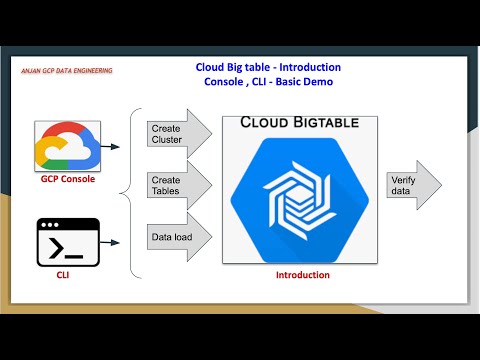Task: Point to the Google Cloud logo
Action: pyautogui.click(x=65, y=145)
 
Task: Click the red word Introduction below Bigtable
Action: pyautogui.click(x=301, y=274)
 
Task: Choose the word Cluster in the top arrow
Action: pyautogui.click(x=166, y=141)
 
